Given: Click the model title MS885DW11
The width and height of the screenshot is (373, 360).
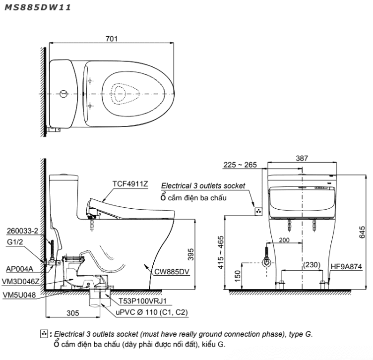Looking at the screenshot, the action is (38, 7).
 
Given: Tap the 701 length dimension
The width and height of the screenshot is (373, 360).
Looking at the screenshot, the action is (111, 39).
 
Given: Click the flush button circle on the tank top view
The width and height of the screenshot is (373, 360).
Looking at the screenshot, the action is (63, 94).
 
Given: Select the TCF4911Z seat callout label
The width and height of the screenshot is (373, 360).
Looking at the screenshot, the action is (130, 184).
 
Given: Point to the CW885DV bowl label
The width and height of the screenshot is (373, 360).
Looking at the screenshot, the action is (172, 272).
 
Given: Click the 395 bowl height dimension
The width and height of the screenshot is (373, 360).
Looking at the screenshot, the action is (191, 254).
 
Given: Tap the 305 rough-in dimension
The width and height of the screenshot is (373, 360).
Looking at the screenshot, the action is (72, 313).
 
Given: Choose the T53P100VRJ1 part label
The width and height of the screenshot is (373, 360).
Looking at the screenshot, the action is (142, 301).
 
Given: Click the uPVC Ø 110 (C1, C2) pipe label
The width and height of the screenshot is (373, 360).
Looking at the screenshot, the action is (152, 312).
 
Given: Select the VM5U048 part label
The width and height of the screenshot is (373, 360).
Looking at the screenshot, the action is (19, 295).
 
